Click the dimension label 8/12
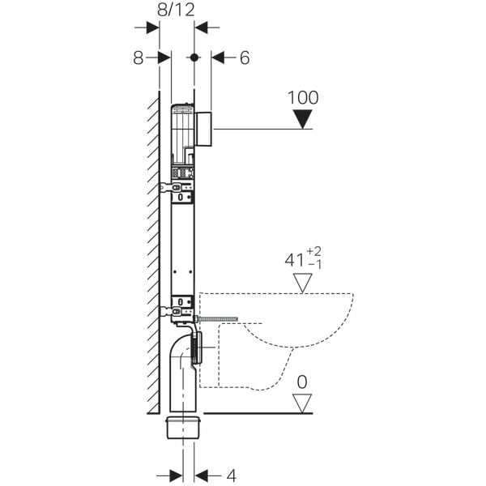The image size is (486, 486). pyautogui.click(x=177, y=11)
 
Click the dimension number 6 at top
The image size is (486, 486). pyautogui.click(x=245, y=58)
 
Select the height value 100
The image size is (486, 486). pyautogui.click(x=303, y=97)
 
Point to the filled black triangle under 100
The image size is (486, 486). pyautogui.click(x=303, y=120)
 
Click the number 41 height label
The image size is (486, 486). pyautogui.click(x=292, y=262)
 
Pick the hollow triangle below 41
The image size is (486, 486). pyautogui.click(x=303, y=283)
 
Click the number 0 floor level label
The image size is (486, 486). pyautogui.click(x=303, y=381)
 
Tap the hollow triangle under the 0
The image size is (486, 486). pyautogui.click(x=303, y=403)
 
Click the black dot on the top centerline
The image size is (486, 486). pyautogui.click(x=194, y=58)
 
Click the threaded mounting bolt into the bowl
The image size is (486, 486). pyautogui.click(x=217, y=320)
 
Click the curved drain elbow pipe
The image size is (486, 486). pyautogui.click(x=183, y=356)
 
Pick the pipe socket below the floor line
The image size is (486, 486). pyautogui.click(x=183, y=427)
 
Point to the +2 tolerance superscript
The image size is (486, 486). pyautogui.click(x=317, y=253)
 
